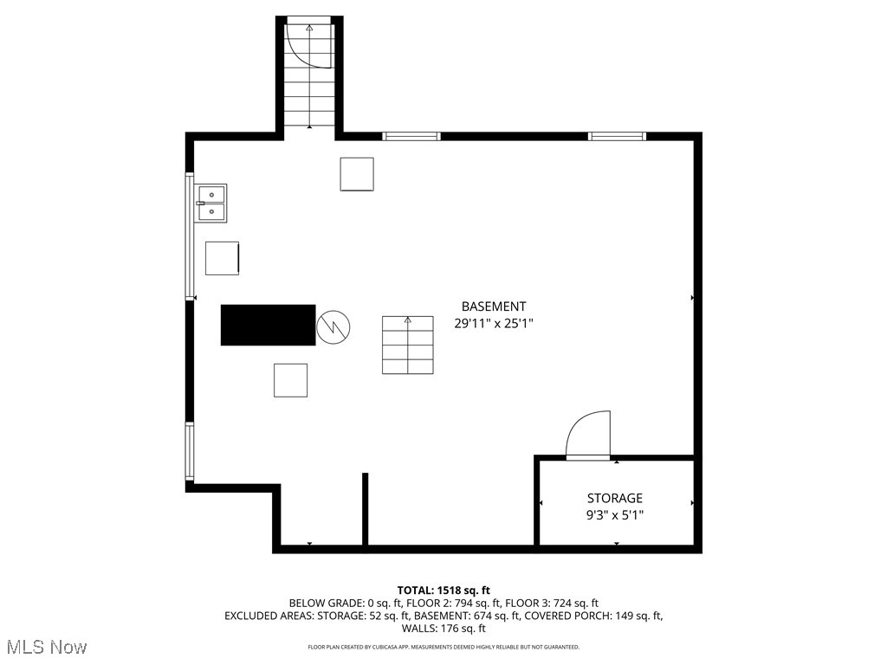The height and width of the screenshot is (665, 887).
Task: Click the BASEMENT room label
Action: [493, 307]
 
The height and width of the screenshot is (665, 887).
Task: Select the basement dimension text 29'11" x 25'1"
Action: [493, 323]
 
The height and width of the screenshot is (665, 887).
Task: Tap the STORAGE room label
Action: [615, 498]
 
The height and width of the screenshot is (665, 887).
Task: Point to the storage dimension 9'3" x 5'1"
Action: [615, 514]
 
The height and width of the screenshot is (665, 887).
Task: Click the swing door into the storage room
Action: [588, 436]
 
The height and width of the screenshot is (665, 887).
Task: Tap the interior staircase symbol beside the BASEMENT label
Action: [408, 345]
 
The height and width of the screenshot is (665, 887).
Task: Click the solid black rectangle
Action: [268, 325]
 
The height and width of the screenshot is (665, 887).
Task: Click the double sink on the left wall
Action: [211, 203]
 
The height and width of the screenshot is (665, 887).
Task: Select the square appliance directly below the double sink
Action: [222, 258]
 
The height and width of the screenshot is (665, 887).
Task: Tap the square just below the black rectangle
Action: [290, 380]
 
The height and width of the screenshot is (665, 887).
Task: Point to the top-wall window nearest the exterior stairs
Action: [411, 136]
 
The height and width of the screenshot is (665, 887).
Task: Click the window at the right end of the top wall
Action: [617, 136]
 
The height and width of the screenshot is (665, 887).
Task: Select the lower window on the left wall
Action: [190, 450]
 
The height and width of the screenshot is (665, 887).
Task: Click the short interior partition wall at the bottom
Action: [365, 509]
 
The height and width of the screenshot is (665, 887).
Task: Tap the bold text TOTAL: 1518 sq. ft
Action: [443, 591]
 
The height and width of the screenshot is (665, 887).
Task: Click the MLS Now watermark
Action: [47, 647]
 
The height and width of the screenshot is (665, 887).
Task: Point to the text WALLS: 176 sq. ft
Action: [443, 629]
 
